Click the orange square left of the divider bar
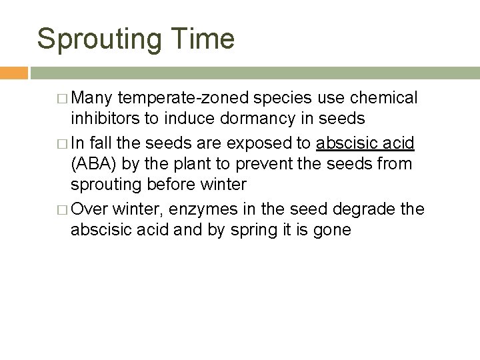[13, 71]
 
